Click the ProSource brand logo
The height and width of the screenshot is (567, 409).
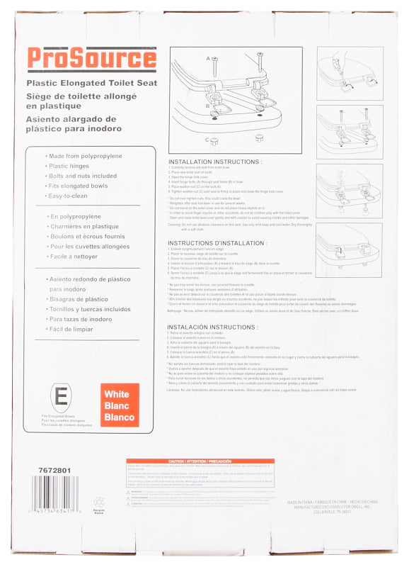(x=92, y=58)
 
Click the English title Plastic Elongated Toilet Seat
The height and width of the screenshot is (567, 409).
(x=97, y=84)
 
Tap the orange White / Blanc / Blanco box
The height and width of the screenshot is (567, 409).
(x=120, y=405)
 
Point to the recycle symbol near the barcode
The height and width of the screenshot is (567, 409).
(x=99, y=502)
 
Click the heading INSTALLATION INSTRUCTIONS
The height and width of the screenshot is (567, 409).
(x=215, y=162)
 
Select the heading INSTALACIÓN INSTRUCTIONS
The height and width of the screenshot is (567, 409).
(x=212, y=327)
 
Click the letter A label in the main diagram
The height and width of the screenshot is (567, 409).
(x=208, y=58)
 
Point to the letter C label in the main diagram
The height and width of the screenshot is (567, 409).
(x=207, y=140)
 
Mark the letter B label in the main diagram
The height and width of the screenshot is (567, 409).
(x=207, y=106)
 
